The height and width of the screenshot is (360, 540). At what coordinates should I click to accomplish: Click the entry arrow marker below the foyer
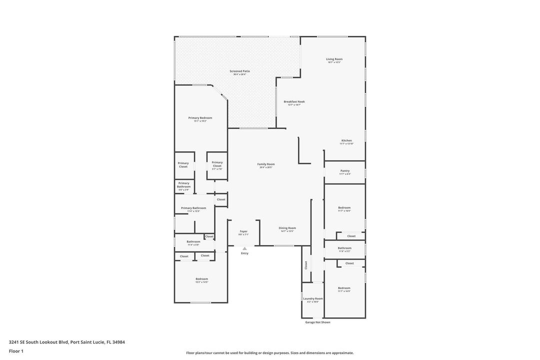pyautogui.click(x=244, y=248)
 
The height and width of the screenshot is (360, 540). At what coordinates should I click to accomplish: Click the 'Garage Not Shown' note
pyautogui.click(x=317, y=322)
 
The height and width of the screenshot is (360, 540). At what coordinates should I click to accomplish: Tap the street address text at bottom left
pyautogui.click(x=67, y=342)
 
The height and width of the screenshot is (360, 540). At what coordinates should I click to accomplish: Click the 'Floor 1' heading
pyautogui.click(x=16, y=351)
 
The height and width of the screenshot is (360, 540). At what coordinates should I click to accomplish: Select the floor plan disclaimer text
pyautogui.click(x=270, y=352)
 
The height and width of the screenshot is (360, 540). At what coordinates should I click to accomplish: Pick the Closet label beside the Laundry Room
pyautogui.click(x=306, y=265)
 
